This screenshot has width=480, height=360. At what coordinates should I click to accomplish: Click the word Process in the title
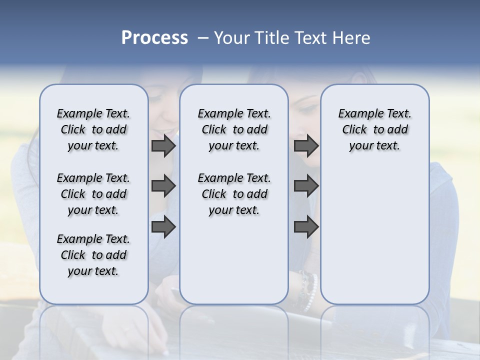tap(154, 37)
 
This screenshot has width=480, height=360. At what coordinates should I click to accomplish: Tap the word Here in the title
tap(351, 37)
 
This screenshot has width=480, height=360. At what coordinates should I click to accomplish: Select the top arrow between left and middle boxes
tap(163, 146)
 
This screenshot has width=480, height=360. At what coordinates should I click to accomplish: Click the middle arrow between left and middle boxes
tap(163, 186)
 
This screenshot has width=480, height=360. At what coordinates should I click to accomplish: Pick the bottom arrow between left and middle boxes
tap(163, 226)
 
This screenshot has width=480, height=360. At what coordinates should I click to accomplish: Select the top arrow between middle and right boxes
tap(306, 146)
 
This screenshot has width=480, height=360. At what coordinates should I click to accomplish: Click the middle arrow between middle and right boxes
tap(306, 186)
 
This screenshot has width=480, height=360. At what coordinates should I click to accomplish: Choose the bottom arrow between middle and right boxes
tap(306, 226)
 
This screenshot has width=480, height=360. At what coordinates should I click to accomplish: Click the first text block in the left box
tap(93, 129)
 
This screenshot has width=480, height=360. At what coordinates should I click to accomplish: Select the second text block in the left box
tap(93, 194)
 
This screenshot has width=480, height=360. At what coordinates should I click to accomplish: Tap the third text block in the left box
tap(93, 255)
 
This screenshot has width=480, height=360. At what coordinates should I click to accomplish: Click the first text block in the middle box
tap(234, 129)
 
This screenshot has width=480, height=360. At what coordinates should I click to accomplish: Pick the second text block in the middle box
tap(234, 194)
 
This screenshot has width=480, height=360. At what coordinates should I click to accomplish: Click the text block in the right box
tap(374, 129)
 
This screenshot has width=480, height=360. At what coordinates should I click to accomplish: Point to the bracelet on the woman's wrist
tap(308, 287)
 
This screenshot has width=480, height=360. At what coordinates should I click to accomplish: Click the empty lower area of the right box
tap(374, 235)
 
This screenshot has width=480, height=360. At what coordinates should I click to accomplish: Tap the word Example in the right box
tap(357, 114)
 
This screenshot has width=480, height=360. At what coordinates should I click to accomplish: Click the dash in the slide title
tap(203, 37)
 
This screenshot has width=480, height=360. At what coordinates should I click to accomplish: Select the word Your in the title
tap(230, 37)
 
